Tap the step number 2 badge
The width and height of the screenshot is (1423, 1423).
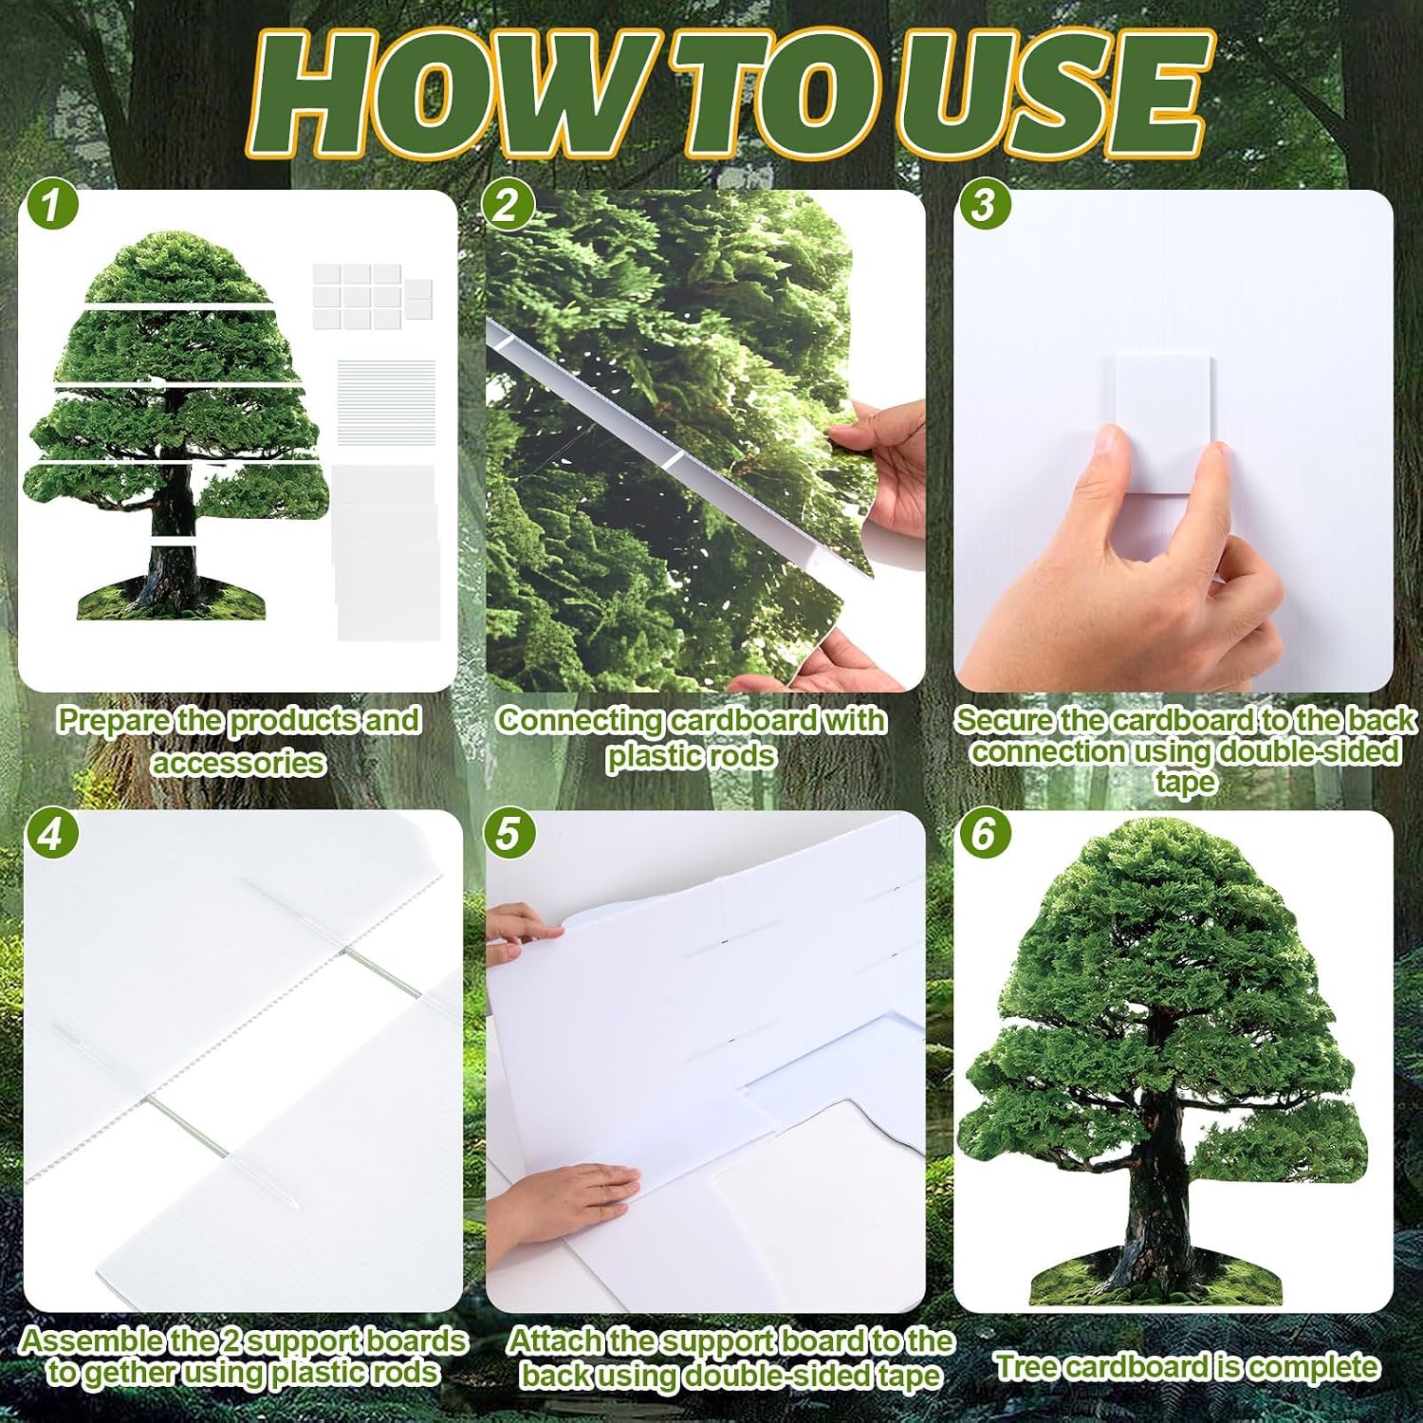tap(508, 205)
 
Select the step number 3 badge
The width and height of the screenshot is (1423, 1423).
tap(984, 205)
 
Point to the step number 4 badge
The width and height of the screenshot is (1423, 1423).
tap(52, 833)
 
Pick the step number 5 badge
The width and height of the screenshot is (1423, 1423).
tap(508, 833)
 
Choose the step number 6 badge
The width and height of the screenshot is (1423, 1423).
tap(984, 833)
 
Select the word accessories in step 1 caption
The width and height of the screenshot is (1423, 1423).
tap(238, 763)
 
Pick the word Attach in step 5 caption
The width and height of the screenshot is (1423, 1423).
tap(554, 1340)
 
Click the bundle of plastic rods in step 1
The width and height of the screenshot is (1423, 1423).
tap(386, 402)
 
